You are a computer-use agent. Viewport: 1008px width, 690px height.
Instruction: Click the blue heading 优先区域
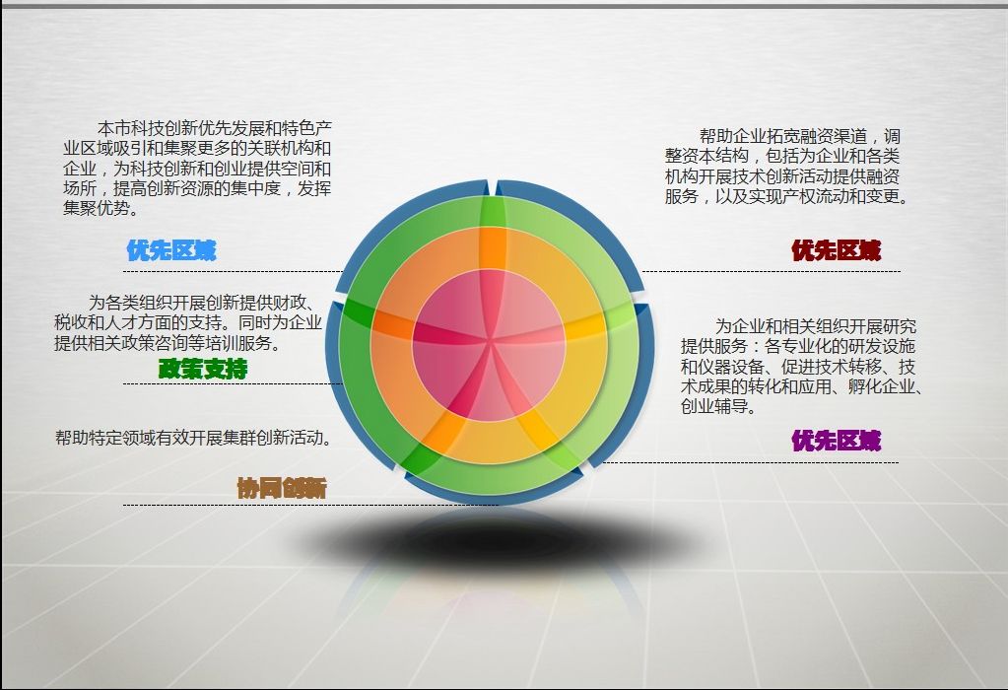click(x=171, y=250)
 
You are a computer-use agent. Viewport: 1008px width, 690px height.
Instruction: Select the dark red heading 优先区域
click(x=836, y=250)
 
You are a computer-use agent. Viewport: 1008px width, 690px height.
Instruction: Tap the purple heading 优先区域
click(x=836, y=441)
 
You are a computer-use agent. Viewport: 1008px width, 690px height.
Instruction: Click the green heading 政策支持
click(x=203, y=369)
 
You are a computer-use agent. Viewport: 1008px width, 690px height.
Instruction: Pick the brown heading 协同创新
click(x=282, y=488)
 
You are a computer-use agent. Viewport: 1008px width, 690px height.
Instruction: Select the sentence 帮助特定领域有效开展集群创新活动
click(x=193, y=438)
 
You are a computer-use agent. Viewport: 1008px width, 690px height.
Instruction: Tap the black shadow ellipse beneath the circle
click(x=492, y=539)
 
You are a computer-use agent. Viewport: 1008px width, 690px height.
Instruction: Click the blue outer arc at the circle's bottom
click(x=492, y=495)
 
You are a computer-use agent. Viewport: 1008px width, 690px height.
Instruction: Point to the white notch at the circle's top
click(x=492, y=186)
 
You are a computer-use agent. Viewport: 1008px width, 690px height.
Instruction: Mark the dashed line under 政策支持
click(x=233, y=383)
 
